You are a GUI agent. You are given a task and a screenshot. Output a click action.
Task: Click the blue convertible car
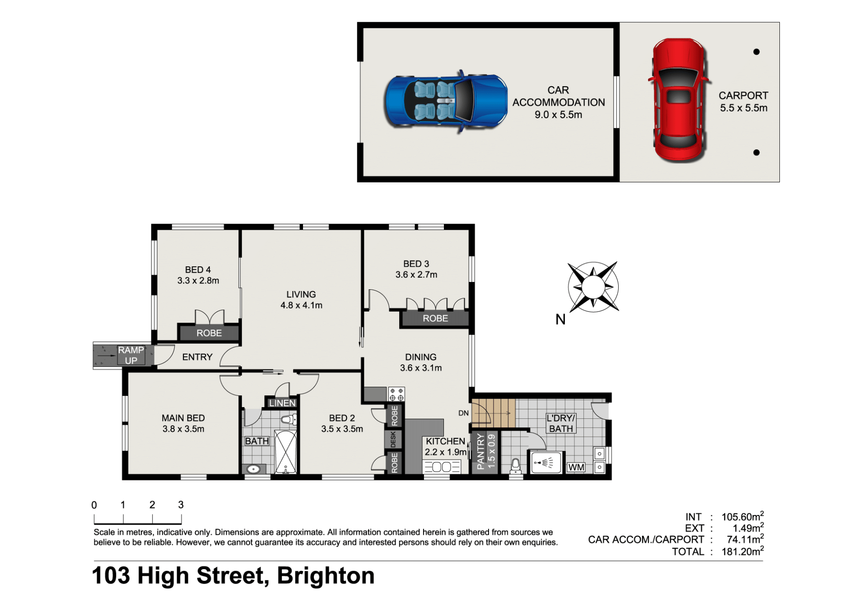pos(446,102)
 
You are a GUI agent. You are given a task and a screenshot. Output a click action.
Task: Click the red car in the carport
pos(679,100)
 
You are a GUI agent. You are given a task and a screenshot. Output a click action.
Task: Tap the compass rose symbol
pos(593,287)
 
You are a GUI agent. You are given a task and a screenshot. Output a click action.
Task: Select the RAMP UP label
pos(131,355)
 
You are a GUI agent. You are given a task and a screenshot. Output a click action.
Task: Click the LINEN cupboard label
pos(282,403)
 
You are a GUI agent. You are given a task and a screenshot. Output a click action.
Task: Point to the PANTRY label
pos(480,451)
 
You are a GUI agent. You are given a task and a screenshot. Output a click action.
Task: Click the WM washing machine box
pos(576,467)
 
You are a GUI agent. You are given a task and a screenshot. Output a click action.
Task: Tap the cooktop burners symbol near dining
pos(396,394)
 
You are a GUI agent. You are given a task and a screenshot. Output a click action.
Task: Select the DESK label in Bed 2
pos(393,439)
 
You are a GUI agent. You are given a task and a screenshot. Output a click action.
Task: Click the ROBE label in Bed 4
pos(209,333)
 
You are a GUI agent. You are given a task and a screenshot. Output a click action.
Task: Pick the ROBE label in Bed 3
pos(435,318)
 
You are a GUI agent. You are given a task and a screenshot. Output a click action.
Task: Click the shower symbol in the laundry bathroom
pos(546,463)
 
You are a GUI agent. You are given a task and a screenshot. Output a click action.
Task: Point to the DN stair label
pos(463,413)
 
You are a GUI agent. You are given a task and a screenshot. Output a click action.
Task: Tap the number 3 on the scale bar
pos(181,505)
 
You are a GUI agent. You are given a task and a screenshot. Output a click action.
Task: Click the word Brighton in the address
pos(326,576)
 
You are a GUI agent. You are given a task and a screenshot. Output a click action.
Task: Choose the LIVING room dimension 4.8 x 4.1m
pos(301,305)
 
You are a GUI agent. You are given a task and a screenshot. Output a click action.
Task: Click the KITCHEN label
pos(445,441)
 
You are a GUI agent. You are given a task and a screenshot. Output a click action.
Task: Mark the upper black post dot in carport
pos(756,52)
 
